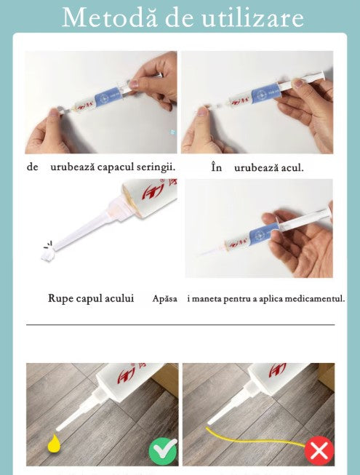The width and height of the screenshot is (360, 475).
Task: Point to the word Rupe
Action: pyautogui.click(x=60, y=299)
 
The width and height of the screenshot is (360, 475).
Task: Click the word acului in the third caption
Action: pyautogui.click(x=119, y=298)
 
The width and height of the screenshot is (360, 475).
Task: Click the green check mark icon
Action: pyautogui.click(x=163, y=452)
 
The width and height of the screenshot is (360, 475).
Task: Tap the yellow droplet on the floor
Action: pyautogui.click(x=54, y=444)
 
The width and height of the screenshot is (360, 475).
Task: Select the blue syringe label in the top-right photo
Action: pyautogui.click(x=264, y=93)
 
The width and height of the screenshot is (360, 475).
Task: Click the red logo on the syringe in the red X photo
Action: pyautogui.click(x=277, y=370)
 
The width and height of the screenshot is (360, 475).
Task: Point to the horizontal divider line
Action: pyautogui.click(x=180, y=324)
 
